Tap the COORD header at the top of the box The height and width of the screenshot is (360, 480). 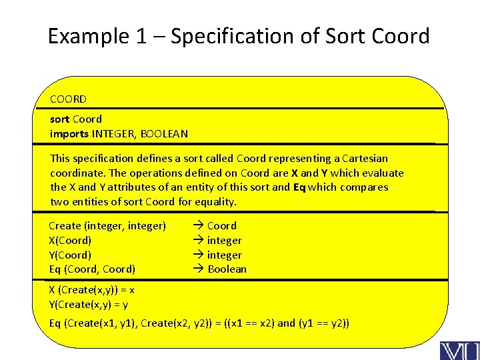(68, 99)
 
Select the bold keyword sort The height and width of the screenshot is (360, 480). (60, 119)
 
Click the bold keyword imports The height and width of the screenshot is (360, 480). (69, 134)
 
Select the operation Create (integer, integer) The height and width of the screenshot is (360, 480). (107, 226)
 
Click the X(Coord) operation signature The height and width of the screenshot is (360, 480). (70, 241)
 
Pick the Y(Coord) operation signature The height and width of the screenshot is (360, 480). (70, 255)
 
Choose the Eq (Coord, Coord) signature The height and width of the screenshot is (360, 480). (92, 269)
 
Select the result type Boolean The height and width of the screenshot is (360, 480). (227, 269)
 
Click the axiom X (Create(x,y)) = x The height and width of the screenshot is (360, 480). (92, 290)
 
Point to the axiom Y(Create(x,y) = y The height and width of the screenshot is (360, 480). (89, 305)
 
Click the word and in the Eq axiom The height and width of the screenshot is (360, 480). (286, 324)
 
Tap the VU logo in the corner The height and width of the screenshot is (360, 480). (458, 350)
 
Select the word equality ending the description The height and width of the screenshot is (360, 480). (215, 202)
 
